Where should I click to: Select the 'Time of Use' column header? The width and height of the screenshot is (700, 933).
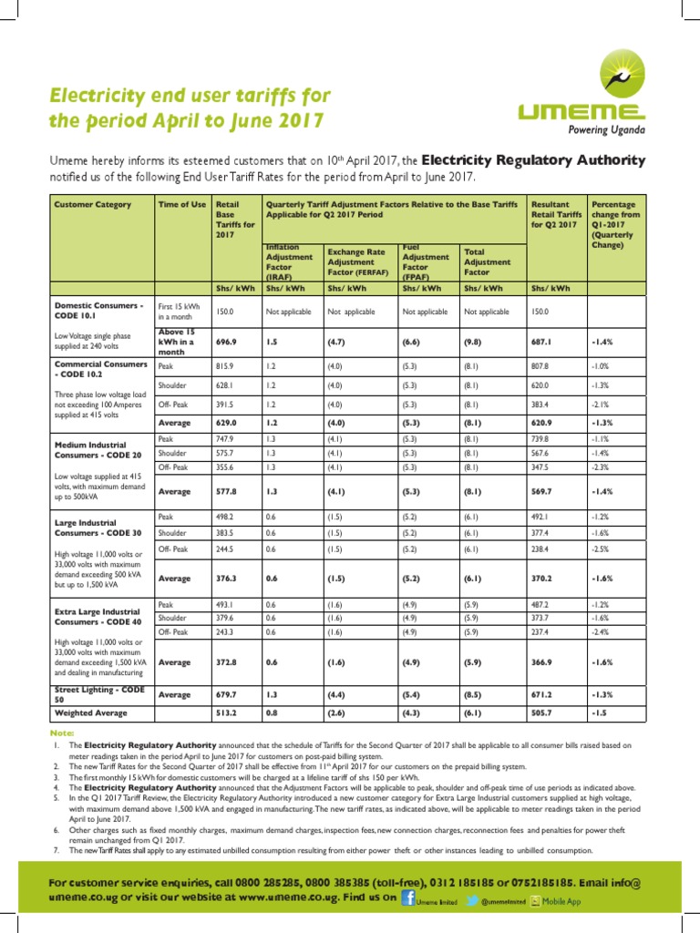tap(181, 205)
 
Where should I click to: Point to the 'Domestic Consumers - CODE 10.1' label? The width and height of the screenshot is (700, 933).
tap(99, 311)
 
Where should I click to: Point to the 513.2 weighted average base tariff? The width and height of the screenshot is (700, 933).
tap(225, 713)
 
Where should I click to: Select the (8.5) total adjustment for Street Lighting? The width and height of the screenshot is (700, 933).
tap(475, 694)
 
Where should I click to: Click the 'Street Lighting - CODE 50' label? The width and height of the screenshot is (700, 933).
tap(99, 694)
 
